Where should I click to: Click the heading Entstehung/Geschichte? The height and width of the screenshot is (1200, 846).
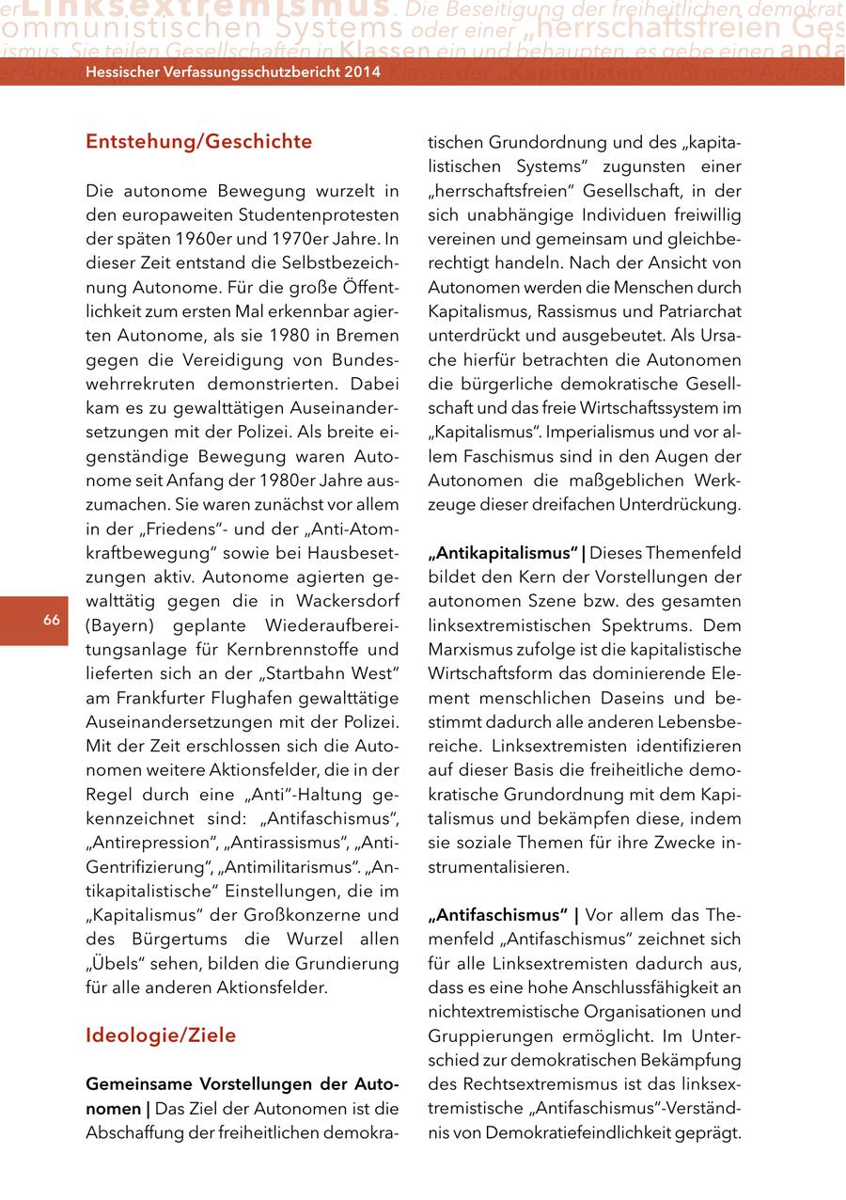click(198, 142)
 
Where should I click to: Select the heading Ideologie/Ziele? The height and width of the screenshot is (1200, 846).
click(161, 1035)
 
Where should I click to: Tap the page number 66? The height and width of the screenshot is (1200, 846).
click(51, 620)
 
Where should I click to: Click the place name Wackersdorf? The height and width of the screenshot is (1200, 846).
click(348, 601)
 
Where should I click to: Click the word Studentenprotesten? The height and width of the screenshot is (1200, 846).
click(321, 215)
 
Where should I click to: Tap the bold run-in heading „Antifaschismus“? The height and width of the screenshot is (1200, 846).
click(497, 915)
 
